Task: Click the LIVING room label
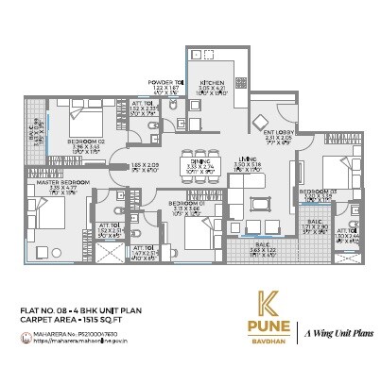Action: coord(248,158)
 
